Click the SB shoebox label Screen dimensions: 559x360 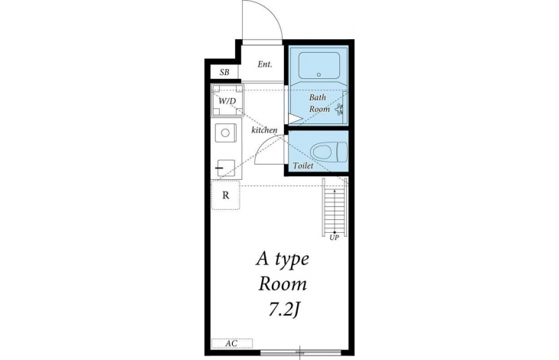[x=224, y=72]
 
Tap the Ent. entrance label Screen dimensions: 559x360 [x=265, y=64]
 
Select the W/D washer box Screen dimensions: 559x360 [x=227, y=100]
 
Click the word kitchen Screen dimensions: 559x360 [x=264, y=129]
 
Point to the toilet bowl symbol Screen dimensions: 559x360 [x=329, y=152]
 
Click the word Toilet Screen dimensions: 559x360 [x=303, y=165]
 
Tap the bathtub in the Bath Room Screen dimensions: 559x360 [x=319, y=66]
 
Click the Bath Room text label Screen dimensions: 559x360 [x=319, y=103]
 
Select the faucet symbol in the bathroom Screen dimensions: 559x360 [x=339, y=109]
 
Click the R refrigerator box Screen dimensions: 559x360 [x=226, y=195]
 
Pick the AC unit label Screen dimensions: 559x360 [x=232, y=344]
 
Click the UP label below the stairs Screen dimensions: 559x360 [x=334, y=237]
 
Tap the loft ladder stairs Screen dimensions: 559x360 [x=335, y=207]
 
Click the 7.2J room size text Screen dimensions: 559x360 [x=283, y=310]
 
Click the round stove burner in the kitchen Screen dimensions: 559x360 [x=225, y=133]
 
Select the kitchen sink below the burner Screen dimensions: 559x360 [x=225, y=168]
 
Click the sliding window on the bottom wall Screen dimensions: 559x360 [x=300, y=353]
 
